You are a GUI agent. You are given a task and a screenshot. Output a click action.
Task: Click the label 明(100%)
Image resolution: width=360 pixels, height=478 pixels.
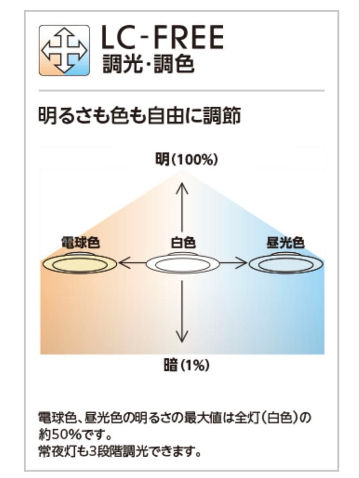186,160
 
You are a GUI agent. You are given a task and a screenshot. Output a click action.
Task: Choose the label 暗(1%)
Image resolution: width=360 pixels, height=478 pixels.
186,366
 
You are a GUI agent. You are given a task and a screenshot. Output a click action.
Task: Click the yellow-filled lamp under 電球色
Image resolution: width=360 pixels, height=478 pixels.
80,265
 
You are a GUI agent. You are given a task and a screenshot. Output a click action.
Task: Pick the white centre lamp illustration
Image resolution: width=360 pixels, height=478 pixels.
183,265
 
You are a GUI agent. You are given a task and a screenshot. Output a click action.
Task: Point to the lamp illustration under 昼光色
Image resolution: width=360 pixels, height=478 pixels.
286,265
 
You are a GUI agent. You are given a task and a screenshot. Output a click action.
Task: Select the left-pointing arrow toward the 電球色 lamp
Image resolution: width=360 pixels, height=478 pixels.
132,264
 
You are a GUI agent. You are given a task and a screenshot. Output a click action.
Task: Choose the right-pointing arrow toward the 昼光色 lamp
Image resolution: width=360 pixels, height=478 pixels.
234,264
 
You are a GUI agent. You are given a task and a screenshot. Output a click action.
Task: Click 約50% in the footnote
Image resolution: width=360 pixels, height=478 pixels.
57,432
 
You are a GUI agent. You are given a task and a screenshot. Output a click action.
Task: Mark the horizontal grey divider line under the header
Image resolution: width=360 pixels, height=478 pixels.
181,90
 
